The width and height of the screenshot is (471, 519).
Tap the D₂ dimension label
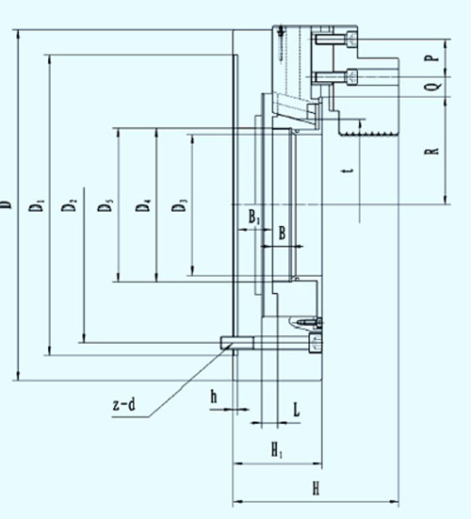(69, 204)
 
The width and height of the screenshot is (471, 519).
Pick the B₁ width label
(254, 218)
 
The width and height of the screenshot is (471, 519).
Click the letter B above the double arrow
(282, 233)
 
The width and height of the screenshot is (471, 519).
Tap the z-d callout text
(124, 404)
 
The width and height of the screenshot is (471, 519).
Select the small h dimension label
(214, 397)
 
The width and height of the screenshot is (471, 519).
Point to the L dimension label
(297, 409)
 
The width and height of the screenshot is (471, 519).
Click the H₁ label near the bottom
(277, 450)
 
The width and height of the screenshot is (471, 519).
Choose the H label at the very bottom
(317, 488)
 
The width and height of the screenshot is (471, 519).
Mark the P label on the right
(432, 57)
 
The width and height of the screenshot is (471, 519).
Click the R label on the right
(431, 151)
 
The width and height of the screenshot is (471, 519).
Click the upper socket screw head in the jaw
(351, 39)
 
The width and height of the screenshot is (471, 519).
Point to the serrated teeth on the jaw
(368, 134)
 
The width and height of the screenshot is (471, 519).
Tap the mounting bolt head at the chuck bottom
(315, 343)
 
